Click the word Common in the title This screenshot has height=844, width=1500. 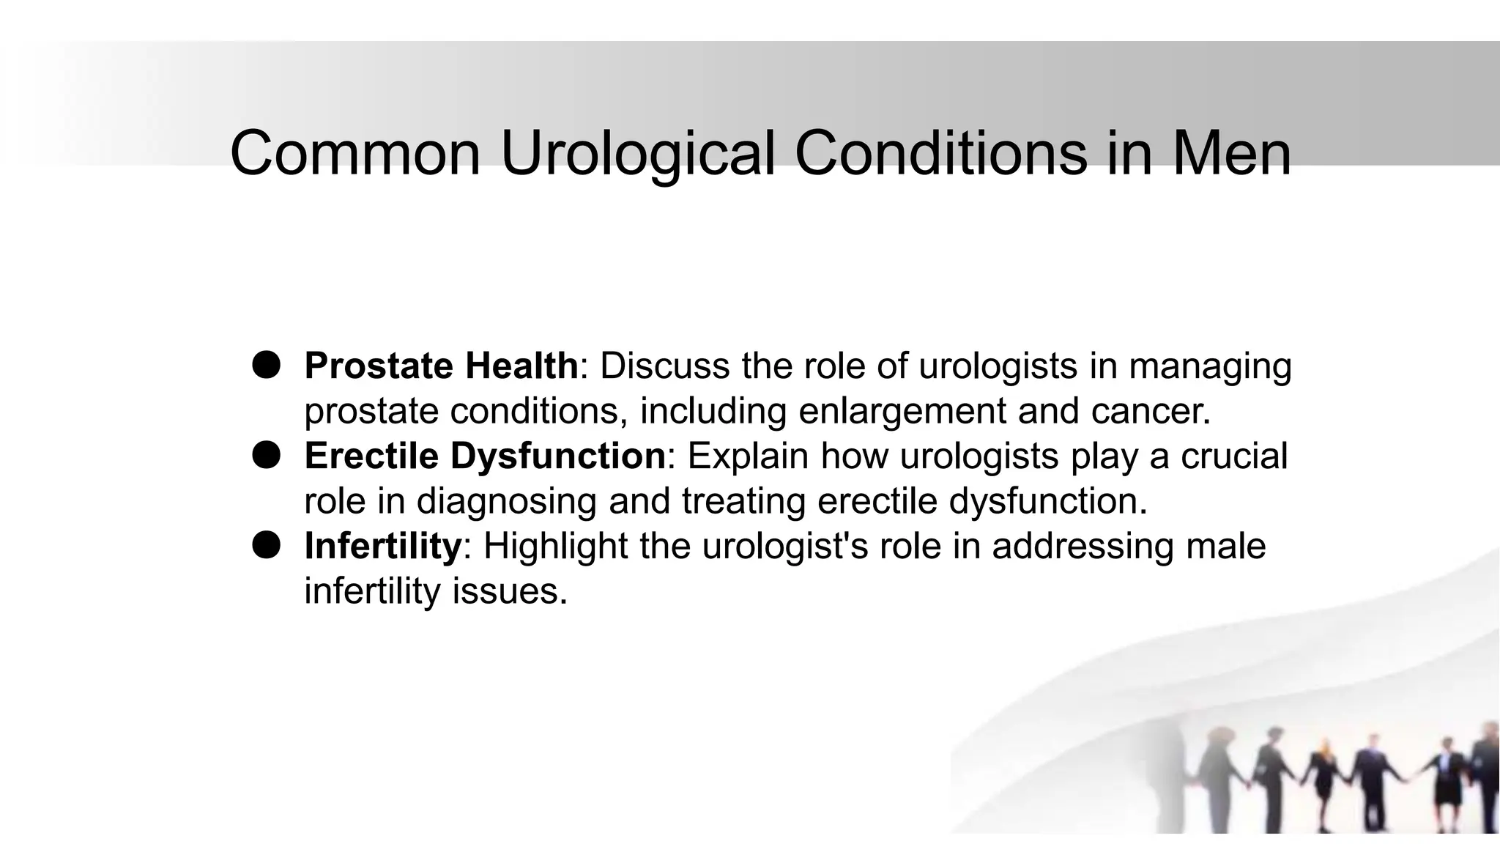(x=355, y=153)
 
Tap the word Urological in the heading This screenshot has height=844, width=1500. (x=637, y=153)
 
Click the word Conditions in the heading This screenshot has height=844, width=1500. (x=941, y=153)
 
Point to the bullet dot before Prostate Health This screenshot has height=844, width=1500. (x=267, y=364)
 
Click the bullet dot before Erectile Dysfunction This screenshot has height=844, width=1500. (x=267, y=455)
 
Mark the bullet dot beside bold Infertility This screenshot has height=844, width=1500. (x=267, y=545)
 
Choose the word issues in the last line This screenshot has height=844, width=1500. (x=509, y=591)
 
